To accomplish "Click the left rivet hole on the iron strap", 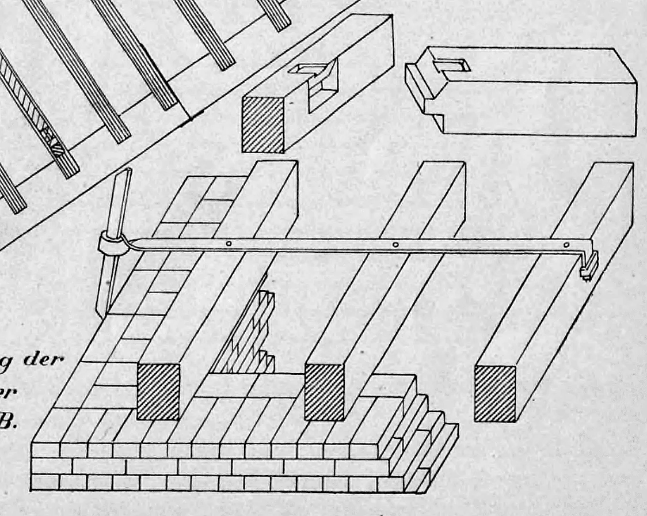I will coord(229,244).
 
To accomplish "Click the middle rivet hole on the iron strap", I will coord(395,245).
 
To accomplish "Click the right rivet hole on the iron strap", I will coord(566,245).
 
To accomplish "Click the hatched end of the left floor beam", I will coord(158,391).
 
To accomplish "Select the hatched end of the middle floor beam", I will coord(324,392).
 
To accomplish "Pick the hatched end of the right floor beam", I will coord(494,393).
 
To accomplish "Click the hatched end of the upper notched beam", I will coord(262,124).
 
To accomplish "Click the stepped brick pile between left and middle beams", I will coord(253,334).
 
